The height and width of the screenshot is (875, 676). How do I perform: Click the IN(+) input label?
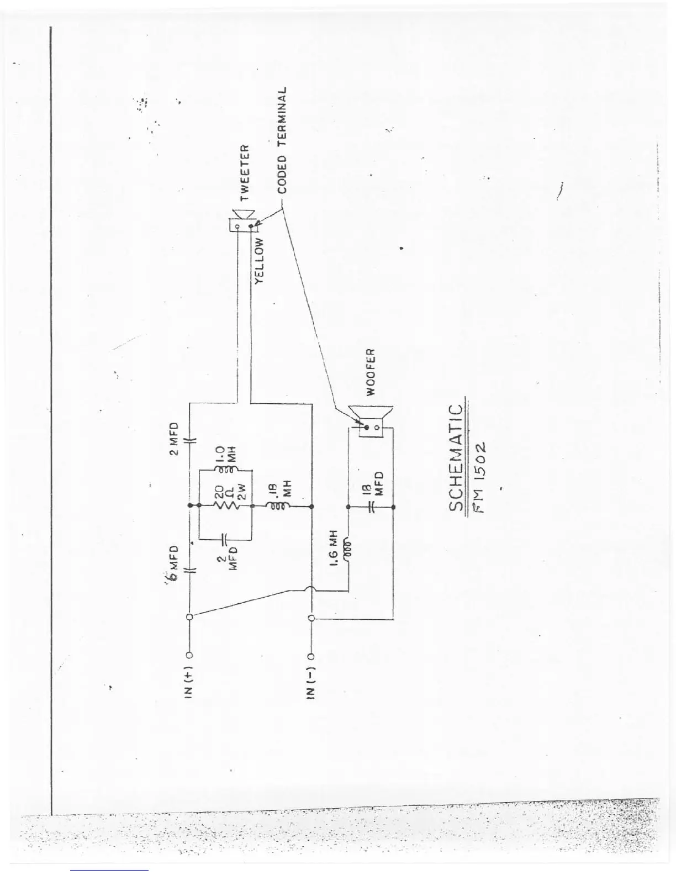tap(188, 684)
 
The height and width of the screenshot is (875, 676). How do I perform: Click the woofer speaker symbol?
tap(371, 421)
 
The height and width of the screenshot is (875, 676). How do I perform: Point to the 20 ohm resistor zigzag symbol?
tap(220, 506)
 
